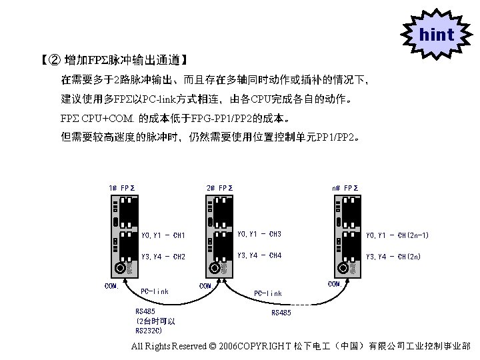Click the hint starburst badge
[x=437, y=34]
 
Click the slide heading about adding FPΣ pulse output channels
[x=113, y=61]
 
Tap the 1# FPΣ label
[x=122, y=188]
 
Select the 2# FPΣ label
[x=219, y=188]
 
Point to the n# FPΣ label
[x=345, y=188]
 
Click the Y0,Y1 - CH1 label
[x=163, y=235]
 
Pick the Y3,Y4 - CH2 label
[x=163, y=256]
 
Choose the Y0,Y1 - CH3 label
[x=259, y=234]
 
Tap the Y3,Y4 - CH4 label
[x=259, y=255]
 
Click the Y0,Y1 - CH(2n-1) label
[x=398, y=235]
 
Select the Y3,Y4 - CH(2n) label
[x=394, y=256]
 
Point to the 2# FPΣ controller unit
[x=220, y=237]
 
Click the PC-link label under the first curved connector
[x=155, y=291]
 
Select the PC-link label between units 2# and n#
[x=268, y=293]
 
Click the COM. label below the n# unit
[x=335, y=284]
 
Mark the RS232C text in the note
[x=148, y=330]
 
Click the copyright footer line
[x=301, y=347]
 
